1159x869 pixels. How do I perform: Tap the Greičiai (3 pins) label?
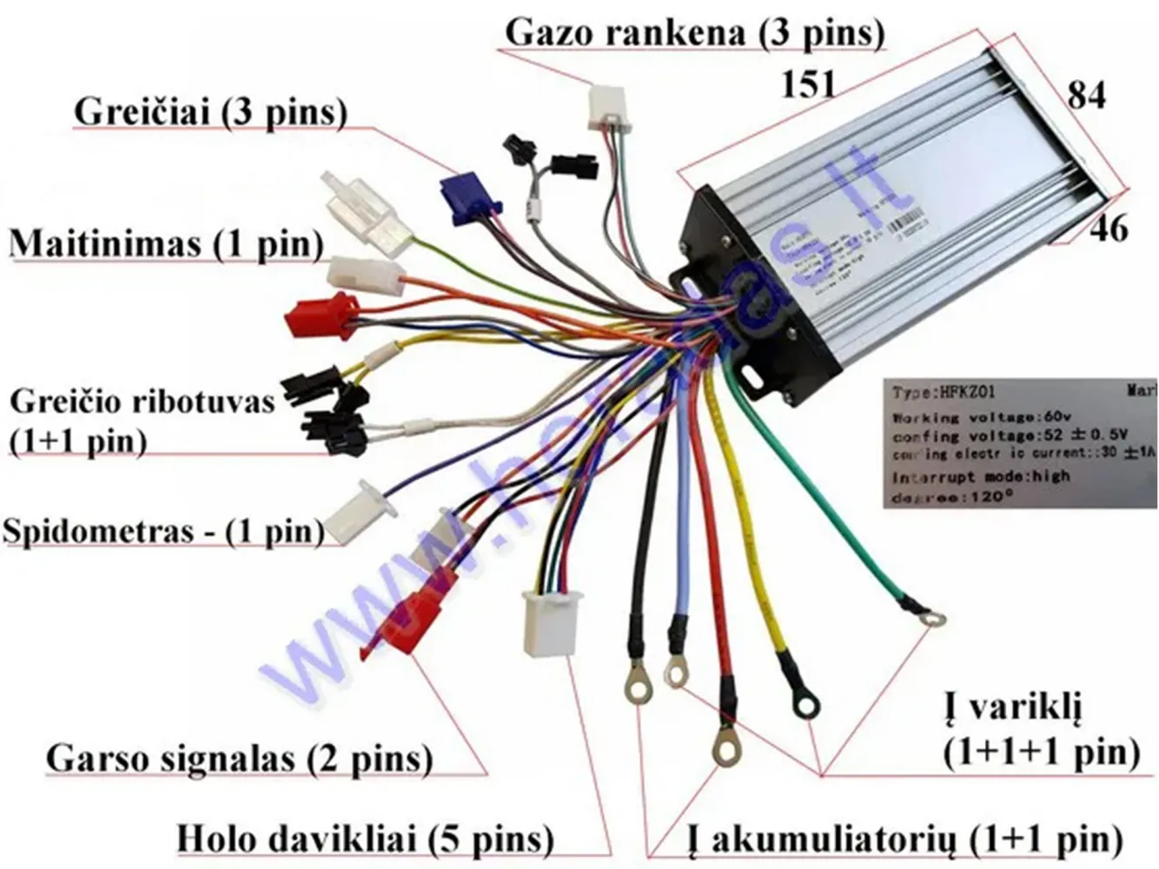click(x=211, y=113)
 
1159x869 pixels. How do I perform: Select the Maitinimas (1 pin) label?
click(x=166, y=244)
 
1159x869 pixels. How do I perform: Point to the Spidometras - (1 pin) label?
click(x=163, y=530)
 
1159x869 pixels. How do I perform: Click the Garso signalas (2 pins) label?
click(x=239, y=759)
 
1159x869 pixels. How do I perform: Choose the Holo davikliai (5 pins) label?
click(x=365, y=839)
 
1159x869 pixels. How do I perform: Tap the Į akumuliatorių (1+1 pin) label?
click(x=904, y=839)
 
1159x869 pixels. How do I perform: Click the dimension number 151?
click(x=808, y=84)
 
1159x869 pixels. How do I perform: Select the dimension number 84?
click(x=1086, y=94)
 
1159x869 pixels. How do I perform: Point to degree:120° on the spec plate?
click(x=952, y=498)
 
